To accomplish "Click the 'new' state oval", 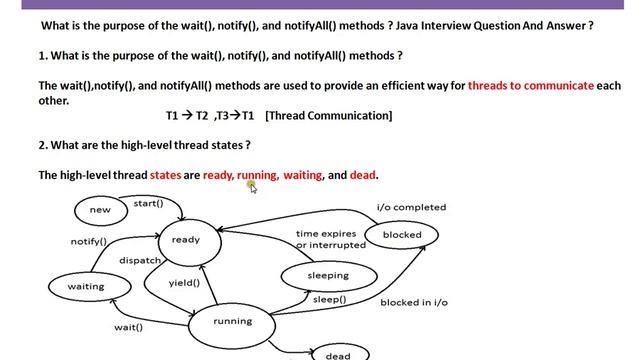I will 100,210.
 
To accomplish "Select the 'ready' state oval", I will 186,240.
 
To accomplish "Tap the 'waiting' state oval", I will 86,287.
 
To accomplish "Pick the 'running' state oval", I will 233,322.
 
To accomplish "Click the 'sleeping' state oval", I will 327,276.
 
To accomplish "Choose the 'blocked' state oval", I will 402,235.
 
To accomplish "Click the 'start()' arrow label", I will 148,204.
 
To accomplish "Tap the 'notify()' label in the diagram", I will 89,242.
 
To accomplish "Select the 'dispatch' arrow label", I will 140,260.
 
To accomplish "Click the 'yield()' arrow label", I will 184,283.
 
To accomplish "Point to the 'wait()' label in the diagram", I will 128,327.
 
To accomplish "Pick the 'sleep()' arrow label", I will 330,300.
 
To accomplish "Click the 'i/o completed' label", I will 411,207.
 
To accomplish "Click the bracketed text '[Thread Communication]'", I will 329,117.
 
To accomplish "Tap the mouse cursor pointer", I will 253,186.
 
